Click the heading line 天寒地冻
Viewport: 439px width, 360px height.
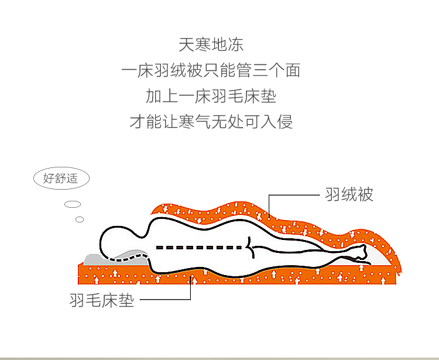click(x=211, y=44)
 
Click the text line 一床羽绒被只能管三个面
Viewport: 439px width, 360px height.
click(x=211, y=70)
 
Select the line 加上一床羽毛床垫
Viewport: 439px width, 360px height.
click(x=211, y=96)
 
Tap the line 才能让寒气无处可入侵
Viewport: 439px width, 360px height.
click(x=211, y=122)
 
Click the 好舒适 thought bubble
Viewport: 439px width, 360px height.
click(x=61, y=179)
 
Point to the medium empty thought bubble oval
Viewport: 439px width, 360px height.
click(x=73, y=204)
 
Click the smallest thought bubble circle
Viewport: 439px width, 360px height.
click(x=80, y=220)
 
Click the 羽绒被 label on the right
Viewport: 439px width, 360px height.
click(x=349, y=194)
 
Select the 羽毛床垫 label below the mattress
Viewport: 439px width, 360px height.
click(x=102, y=300)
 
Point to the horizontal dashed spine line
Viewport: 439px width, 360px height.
click(x=199, y=248)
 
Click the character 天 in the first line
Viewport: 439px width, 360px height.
click(x=187, y=44)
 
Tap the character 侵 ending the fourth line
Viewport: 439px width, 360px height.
click(x=284, y=122)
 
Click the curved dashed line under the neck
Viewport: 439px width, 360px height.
click(x=128, y=258)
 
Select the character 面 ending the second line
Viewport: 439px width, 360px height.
click(x=293, y=70)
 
